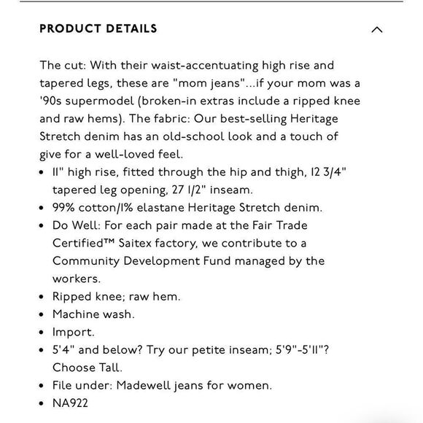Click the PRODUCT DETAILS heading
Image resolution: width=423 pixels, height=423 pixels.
coord(98,29)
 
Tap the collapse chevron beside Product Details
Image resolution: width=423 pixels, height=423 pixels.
coord(376,30)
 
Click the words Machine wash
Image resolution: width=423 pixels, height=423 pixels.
coord(93,314)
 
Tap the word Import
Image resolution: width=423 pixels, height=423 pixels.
coord(73,332)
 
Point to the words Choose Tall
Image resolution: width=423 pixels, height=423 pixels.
coord(88,368)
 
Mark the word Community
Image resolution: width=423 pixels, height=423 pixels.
coord(89,261)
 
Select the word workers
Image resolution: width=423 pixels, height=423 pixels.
coord(77,279)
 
